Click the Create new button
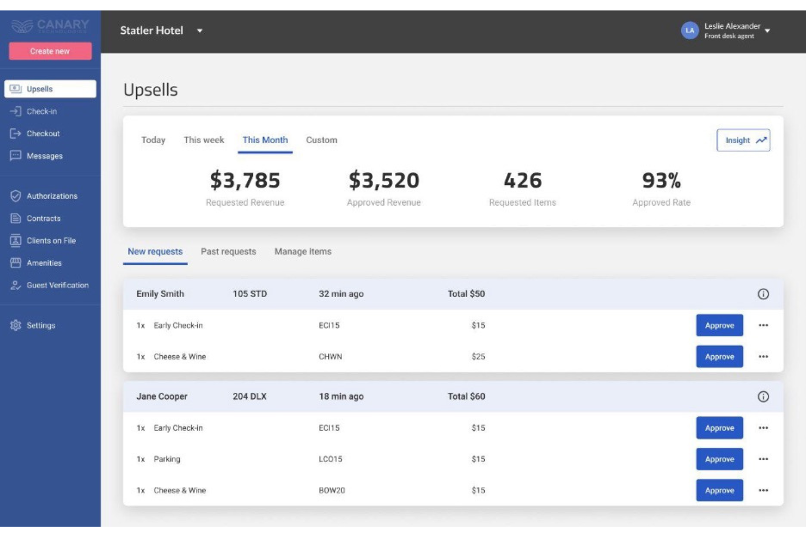point(50,51)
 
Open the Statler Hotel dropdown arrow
point(200,31)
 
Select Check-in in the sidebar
point(41,112)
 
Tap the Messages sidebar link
point(44,156)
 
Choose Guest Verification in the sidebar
point(57,285)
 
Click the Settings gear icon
point(16,325)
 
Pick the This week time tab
point(204,140)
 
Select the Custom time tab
point(321,140)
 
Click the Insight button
point(743,140)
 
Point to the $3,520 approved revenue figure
point(384,180)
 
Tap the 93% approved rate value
point(661,180)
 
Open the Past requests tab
point(228,252)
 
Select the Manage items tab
point(303,252)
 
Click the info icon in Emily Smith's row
point(763,294)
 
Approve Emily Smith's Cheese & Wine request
point(719,357)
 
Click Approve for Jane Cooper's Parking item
point(719,459)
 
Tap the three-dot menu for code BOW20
point(763,490)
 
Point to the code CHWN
point(331,357)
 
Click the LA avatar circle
point(689,30)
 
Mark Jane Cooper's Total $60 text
point(466,397)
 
